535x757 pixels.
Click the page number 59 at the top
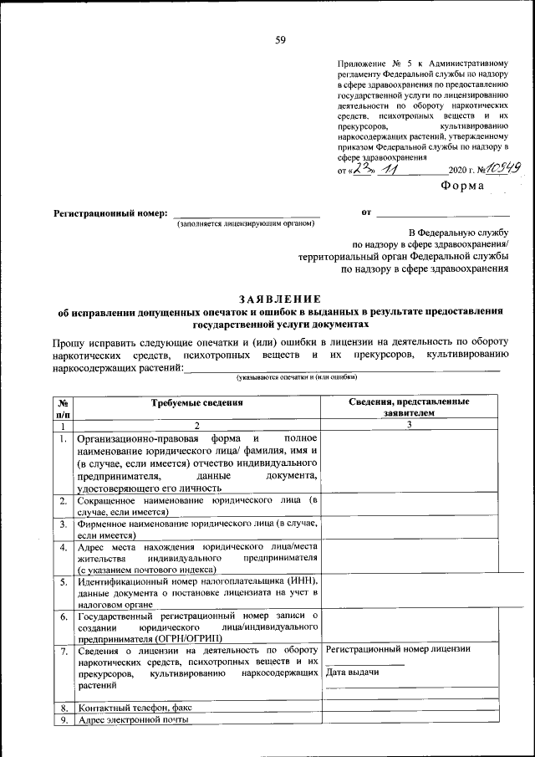point(279,40)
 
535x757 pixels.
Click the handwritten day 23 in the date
point(361,169)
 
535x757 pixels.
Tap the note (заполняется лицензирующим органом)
point(246,224)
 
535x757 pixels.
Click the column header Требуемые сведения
point(196,402)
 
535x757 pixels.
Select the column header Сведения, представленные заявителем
point(409,407)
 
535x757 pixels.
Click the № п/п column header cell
point(63,407)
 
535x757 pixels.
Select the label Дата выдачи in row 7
point(349,673)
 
